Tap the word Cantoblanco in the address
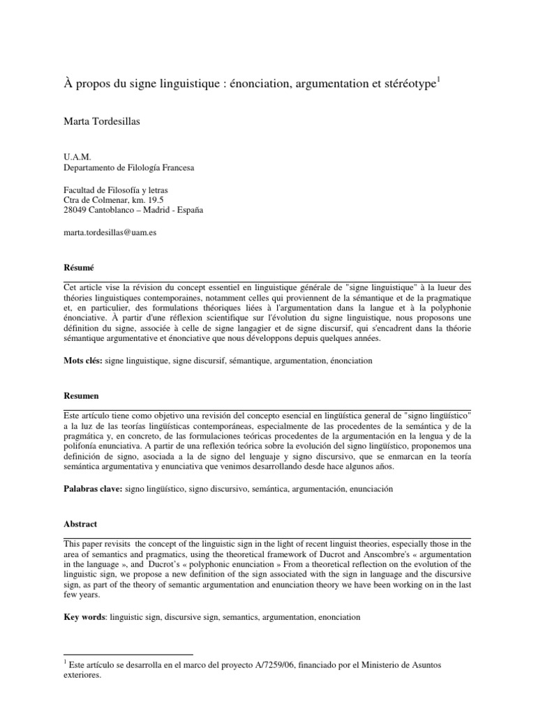119,211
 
